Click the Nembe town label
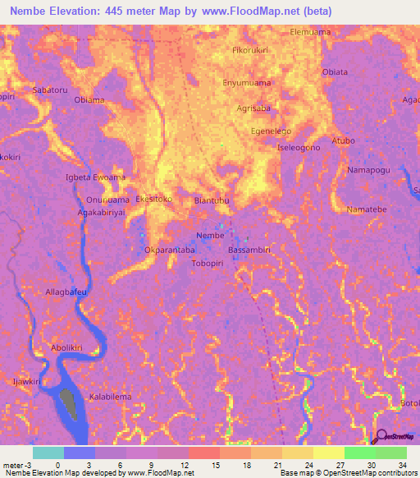211,235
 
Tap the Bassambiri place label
249,248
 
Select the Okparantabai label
170,249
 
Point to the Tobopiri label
209,263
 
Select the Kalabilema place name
110,396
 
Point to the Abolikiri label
67,347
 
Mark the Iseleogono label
299,147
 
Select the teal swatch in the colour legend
48,453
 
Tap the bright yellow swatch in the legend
327,453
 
